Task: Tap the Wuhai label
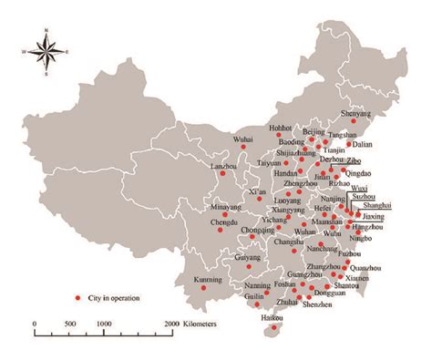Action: pyautogui.click(x=242, y=139)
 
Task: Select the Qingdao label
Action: pyautogui.click(x=360, y=171)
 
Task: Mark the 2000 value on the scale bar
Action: pyautogui.click(x=170, y=324)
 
